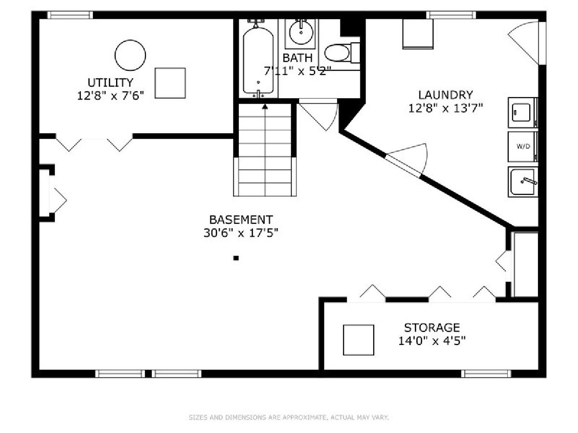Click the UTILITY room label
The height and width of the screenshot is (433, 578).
110,83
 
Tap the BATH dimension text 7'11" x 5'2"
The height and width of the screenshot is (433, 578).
297,71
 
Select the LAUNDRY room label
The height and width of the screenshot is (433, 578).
446,95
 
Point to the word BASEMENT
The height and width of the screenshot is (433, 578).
241,219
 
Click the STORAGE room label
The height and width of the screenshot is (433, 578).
432,328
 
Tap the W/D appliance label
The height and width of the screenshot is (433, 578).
523,147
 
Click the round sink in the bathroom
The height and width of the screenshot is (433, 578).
301,32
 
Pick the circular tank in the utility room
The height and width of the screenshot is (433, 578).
130,55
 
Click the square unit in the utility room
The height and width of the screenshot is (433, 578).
170,83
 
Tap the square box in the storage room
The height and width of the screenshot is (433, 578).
358,340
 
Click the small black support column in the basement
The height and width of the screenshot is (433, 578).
236,258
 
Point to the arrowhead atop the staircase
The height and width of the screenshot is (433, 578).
265,106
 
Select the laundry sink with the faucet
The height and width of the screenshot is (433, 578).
523,182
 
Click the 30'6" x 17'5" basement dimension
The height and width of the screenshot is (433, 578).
241,233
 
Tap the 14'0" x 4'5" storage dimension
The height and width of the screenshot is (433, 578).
432,341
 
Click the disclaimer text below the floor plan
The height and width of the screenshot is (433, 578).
289,417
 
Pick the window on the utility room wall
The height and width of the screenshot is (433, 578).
70,15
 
